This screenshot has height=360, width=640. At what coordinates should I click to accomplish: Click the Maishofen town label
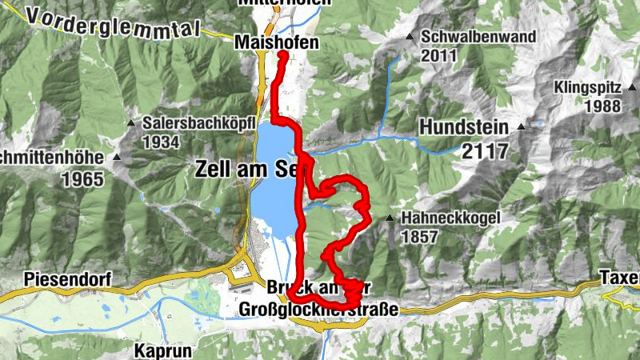[276, 42]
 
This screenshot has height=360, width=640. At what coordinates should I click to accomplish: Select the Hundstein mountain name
[464, 126]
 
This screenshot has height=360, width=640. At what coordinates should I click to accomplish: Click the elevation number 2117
[486, 150]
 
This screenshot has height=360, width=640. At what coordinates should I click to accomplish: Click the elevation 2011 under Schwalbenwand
[439, 56]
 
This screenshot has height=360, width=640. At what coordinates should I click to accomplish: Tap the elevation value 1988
[603, 106]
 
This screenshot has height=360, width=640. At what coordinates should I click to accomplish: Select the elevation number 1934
[161, 142]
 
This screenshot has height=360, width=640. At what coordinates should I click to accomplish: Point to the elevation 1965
[82, 178]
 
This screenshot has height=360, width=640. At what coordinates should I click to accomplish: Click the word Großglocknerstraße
[318, 309]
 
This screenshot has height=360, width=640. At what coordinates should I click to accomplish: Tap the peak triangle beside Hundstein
[522, 126]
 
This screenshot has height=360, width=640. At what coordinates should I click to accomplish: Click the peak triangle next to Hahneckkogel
[390, 218]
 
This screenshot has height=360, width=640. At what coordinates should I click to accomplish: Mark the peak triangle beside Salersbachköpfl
[130, 123]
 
